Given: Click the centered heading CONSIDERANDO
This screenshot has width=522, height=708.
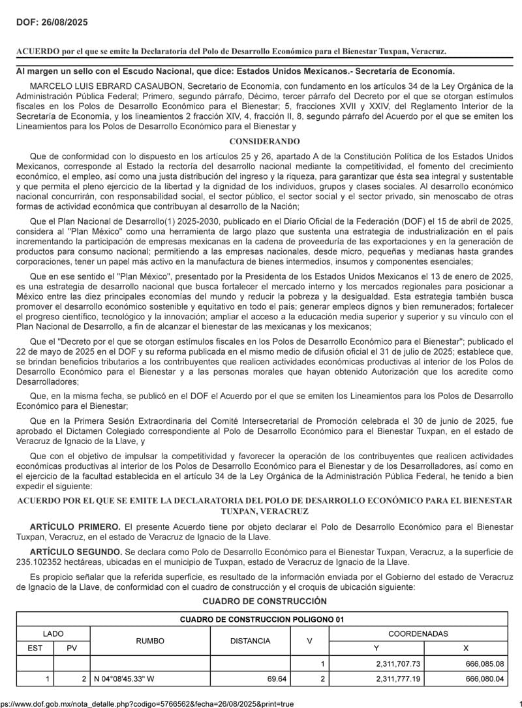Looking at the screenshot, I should coord(264,141).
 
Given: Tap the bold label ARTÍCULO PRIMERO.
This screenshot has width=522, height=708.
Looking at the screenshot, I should coord(75,526).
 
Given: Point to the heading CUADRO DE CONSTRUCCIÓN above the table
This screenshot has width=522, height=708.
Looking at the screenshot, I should coord(264,601).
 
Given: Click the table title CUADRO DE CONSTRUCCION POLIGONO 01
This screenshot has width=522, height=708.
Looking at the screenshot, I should coord(262,619).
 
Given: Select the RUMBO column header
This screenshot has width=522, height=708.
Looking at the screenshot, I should coord(150,641).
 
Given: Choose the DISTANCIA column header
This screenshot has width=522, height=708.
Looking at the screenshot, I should coord(250,641).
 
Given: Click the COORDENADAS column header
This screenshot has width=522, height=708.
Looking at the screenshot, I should coord(418,634).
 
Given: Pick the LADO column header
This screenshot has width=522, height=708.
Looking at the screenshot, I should coord(54,634).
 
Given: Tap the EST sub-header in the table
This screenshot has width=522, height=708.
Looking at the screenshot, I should coord(35,648).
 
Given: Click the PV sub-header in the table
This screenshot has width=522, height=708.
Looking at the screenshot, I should coord(72,648).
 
